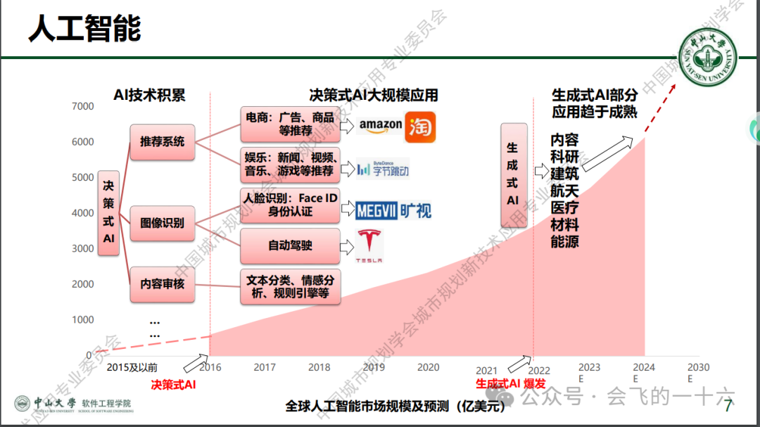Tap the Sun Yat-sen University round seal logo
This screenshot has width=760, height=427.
[707, 60]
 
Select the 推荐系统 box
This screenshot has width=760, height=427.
[162, 141]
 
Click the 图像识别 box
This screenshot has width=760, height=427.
[162, 223]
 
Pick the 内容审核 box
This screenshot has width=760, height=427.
[162, 283]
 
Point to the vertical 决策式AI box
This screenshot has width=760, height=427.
[108, 212]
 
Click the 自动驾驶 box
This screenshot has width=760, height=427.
[290, 246]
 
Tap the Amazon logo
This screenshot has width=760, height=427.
[380, 125]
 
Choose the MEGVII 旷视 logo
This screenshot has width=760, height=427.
[393, 210]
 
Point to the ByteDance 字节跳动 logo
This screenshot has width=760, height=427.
[382, 168]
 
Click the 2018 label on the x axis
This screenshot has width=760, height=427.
[319, 367]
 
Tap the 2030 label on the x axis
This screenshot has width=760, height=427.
[698, 367]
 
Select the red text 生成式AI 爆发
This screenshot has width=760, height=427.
[510, 383]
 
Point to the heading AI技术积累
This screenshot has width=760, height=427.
[149, 95]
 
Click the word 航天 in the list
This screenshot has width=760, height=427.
[564, 191]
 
